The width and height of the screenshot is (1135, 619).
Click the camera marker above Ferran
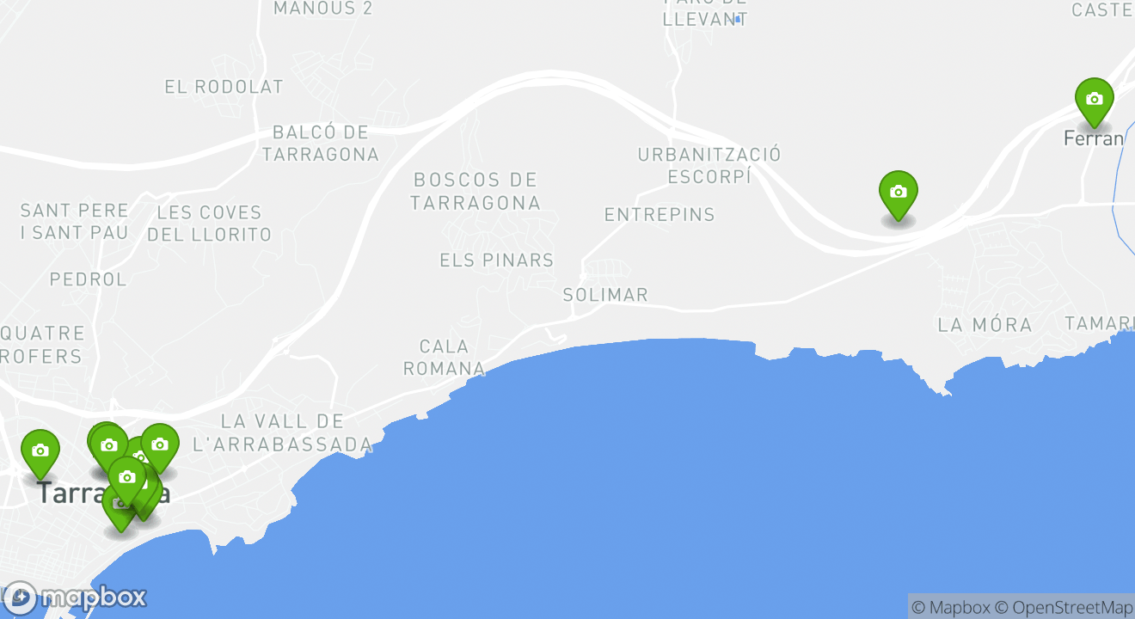tap(1094, 100)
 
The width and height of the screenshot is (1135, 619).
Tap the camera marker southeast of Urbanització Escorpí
tap(898, 193)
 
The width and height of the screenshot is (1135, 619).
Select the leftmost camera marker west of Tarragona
tap(40, 451)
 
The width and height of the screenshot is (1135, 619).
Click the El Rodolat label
tap(224, 87)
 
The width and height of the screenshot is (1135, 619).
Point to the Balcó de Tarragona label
tap(320, 144)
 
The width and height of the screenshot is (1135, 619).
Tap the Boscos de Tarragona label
tap(475, 191)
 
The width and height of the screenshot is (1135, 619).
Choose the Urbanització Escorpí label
tap(709, 165)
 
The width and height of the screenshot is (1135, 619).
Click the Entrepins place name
tap(660, 215)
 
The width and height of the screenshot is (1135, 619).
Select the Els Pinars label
tap(496, 260)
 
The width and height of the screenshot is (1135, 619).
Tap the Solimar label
tap(604, 295)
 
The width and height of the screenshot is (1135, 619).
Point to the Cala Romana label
tap(444, 358)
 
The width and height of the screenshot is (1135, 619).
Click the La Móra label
tap(985, 325)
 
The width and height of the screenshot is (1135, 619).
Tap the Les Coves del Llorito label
tap(209, 223)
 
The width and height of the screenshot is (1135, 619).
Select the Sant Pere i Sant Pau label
tap(74, 221)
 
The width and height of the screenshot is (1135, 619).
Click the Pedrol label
tap(88, 279)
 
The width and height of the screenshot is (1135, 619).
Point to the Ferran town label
tap(1093, 138)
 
